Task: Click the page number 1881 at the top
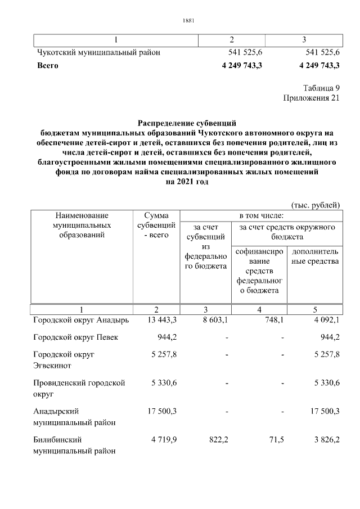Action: [188, 21]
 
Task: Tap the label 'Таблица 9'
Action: [321, 88]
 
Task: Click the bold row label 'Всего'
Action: [47, 65]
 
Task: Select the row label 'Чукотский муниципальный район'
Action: [98, 52]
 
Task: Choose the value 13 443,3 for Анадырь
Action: [162, 320]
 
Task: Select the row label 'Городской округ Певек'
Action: [75, 337]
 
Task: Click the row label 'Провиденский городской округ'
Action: [78, 388]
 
